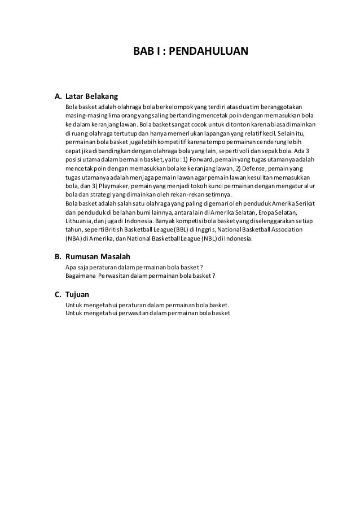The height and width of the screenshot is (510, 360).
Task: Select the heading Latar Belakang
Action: pyautogui.click(x=91, y=95)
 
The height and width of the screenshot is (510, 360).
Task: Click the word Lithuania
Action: pyautogui.click(x=80, y=221)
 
